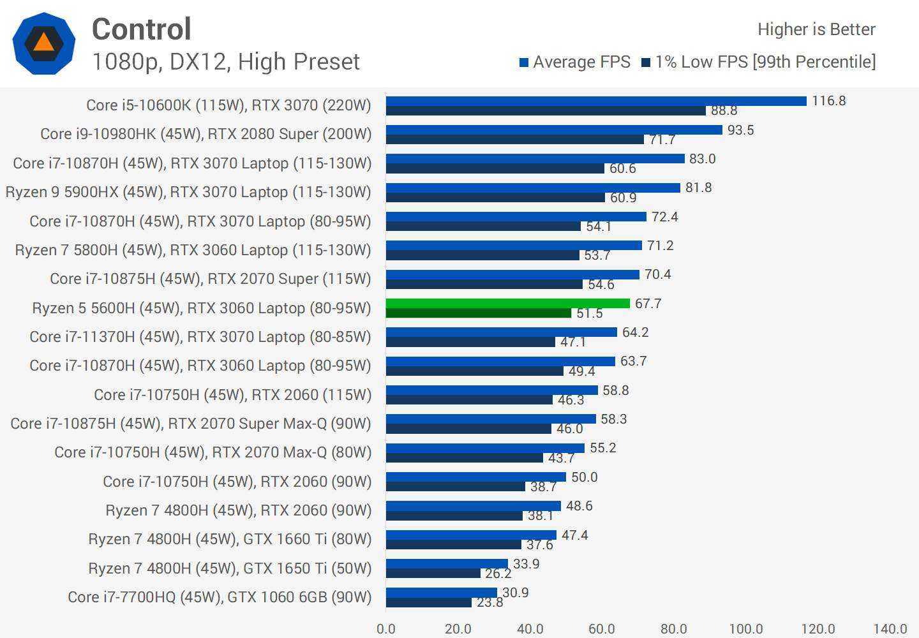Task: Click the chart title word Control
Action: tap(141, 29)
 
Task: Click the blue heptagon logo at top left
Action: tap(43, 43)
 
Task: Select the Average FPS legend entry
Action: tap(574, 62)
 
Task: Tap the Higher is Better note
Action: tap(816, 29)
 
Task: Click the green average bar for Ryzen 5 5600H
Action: tap(507, 304)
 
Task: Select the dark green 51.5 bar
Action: tap(479, 313)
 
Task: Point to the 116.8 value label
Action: tap(828, 101)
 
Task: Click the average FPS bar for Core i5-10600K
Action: tap(596, 101)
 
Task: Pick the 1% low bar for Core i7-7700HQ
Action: tap(429, 602)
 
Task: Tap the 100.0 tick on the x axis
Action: tap(745, 629)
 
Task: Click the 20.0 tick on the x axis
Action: tap(458, 629)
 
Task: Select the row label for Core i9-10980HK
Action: tap(205, 134)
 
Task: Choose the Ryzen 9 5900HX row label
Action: tap(188, 192)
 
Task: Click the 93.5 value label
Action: tap(740, 130)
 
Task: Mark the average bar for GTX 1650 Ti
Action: tap(447, 564)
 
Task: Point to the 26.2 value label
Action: tap(498, 574)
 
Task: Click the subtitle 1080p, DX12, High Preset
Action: tap(226, 62)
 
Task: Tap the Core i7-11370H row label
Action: tap(200, 337)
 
